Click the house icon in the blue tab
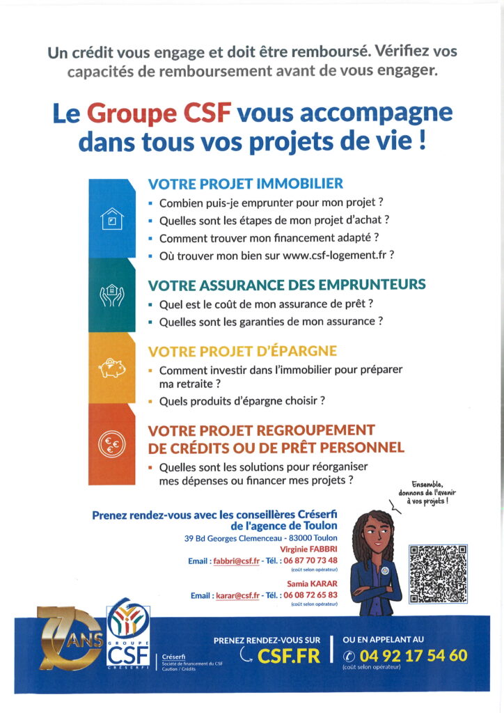(x=111, y=221)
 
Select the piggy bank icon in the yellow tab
(x=111, y=368)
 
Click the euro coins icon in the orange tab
(x=111, y=444)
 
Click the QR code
(x=439, y=574)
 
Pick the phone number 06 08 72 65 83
(x=310, y=595)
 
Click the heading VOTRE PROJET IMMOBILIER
(x=246, y=184)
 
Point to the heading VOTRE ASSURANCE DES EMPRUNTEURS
(x=287, y=285)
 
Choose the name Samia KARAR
(x=312, y=583)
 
